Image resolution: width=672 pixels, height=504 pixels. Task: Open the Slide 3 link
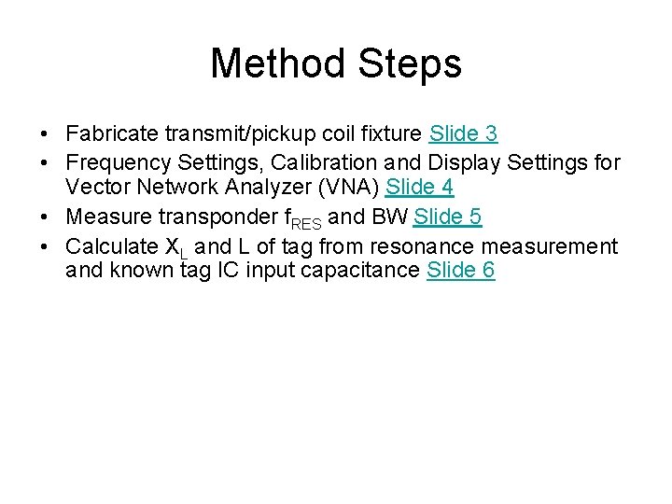(464, 134)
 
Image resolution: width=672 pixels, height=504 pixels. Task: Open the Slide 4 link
(420, 188)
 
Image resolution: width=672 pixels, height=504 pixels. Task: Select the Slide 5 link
(448, 217)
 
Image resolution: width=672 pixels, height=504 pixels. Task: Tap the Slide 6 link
(460, 271)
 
